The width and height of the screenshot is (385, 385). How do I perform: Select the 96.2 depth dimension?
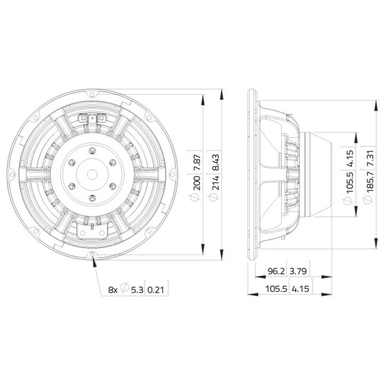point(276,271)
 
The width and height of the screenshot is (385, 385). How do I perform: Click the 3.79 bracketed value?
point(298,271)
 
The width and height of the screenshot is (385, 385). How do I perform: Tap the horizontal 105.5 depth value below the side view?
point(276,289)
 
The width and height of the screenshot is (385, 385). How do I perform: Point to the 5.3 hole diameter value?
point(137,290)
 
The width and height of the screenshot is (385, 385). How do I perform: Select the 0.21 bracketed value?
point(157,290)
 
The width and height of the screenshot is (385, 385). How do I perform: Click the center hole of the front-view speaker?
point(92,174)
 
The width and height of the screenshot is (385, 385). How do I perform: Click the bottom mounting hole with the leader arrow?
point(93,254)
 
